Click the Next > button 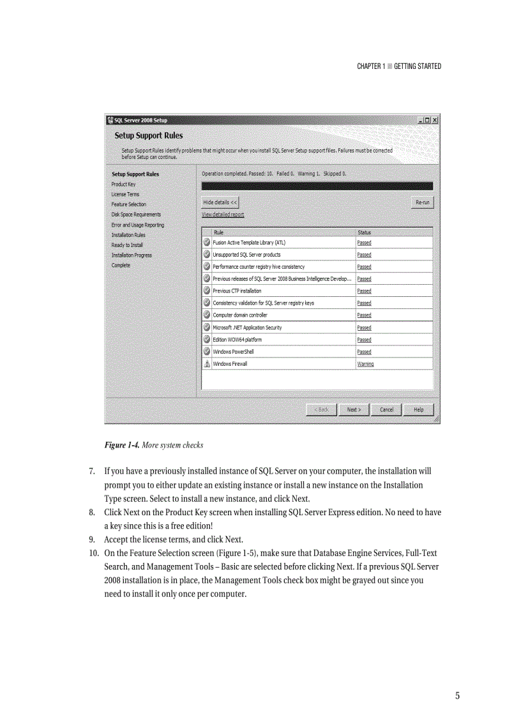point(354,410)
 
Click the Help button point(418,410)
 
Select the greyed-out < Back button point(321,410)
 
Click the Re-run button point(423,202)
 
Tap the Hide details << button point(220,202)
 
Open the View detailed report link point(223,215)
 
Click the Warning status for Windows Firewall point(365,364)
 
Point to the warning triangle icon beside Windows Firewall point(207,364)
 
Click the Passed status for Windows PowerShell point(364,352)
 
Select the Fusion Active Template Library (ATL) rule point(249,243)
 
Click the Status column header point(364,232)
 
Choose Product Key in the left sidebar point(123,184)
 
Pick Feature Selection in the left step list point(128,204)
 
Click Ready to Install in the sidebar point(127,245)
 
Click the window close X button point(435,120)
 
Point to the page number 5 point(457,696)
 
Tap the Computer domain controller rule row point(240,315)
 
